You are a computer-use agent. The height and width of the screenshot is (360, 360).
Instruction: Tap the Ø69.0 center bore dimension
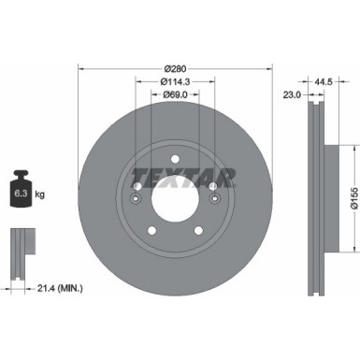174,94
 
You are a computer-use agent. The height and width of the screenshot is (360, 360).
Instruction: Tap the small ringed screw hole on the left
137,197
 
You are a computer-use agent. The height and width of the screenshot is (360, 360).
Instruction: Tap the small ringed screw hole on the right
213,197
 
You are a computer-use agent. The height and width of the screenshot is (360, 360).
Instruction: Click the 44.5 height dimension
326,81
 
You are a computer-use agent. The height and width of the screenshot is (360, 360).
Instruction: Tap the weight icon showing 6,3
22,192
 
